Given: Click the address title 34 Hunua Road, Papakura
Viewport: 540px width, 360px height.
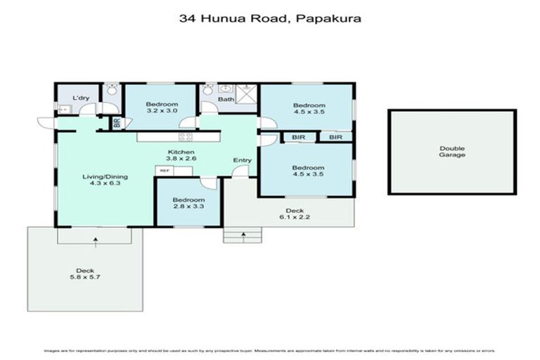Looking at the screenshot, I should [270, 19].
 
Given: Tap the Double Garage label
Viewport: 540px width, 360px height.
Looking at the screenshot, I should [452, 151].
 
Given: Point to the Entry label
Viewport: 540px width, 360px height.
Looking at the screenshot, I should [242, 160].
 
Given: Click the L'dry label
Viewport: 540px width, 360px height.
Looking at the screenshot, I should [80, 98].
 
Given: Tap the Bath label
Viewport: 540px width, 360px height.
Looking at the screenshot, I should [226, 100].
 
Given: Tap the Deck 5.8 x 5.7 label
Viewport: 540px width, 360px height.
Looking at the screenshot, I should [85, 274].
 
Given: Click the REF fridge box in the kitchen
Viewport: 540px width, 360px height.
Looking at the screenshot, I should [165, 171].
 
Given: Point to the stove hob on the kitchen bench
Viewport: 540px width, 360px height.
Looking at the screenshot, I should [186, 136].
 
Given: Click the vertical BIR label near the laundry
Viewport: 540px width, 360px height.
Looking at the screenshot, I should [116, 123].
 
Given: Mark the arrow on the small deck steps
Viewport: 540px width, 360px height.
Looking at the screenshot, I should [243, 234].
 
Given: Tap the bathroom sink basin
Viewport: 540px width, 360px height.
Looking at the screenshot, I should [225, 89].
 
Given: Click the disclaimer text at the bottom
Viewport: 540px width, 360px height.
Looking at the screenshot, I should [270, 350].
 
